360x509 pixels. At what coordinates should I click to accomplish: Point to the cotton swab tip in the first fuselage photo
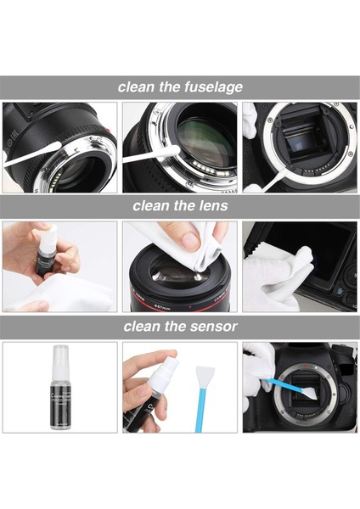[50, 152]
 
